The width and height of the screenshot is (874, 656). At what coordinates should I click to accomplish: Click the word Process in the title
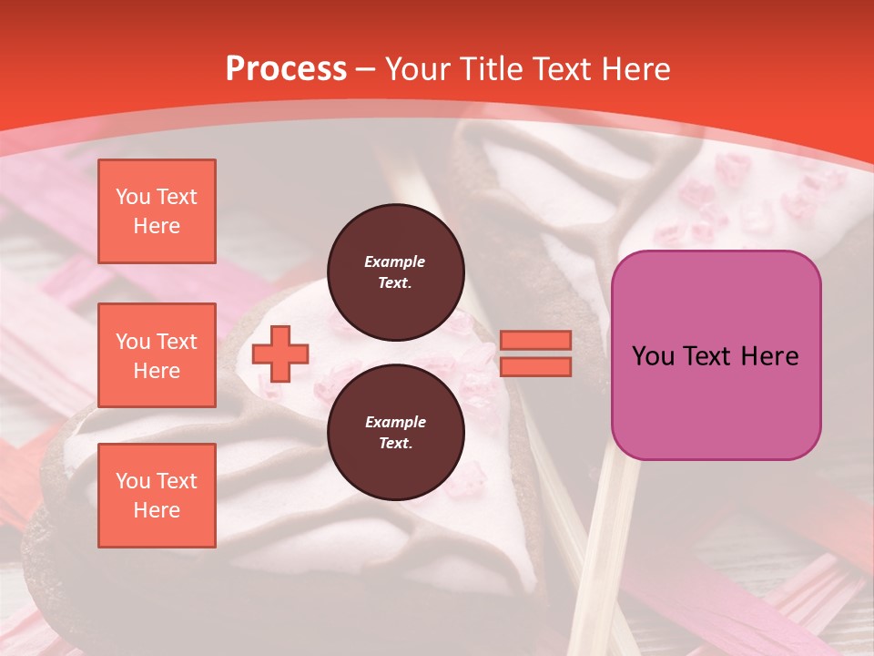point(286,69)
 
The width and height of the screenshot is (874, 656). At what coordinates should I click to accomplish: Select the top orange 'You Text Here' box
point(157,211)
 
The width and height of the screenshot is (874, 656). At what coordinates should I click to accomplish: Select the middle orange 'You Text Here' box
point(157,355)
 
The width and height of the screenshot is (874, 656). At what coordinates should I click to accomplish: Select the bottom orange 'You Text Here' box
point(157,496)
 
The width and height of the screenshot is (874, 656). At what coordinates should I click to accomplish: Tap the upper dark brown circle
point(395,272)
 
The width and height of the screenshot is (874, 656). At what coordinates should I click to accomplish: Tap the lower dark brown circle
point(395,433)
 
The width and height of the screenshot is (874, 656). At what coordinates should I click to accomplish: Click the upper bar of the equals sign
point(535,340)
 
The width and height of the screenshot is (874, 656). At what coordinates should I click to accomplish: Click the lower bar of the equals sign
point(535,366)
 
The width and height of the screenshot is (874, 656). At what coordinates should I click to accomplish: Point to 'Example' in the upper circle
point(395,261)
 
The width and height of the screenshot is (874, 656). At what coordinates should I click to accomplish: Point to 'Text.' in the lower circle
point(395,444)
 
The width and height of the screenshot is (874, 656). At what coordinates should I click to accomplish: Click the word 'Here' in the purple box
point(767,356)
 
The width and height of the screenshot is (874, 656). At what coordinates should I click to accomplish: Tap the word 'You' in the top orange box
point(133,197)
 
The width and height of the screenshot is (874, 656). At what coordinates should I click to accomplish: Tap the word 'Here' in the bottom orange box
point(157,510)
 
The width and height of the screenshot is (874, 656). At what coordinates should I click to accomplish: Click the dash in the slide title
point(366,69)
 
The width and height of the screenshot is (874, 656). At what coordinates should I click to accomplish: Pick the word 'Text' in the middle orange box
point(176,342)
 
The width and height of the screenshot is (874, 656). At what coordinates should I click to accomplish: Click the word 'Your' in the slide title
point(419,69)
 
